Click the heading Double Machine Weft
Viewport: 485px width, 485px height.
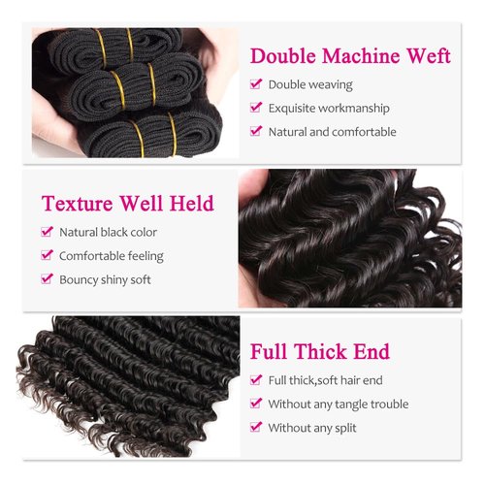click(x=350, y=55)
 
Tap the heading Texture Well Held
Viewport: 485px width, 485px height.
click(x=127, y=204)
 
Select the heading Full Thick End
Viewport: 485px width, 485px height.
click(x=320, y=351)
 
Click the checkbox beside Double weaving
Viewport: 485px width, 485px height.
click(x=256, y=84)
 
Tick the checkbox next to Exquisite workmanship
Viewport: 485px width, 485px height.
click(x=256, y=108)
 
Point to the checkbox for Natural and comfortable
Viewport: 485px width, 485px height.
click(x=256, y=131)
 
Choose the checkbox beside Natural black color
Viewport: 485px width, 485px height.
click(x=47, y=233)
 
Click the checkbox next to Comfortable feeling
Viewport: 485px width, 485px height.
click(x=47, y=256)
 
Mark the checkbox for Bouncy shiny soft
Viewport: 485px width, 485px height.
click(x=47, y=279)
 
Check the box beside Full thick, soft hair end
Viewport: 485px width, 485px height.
click(x=256, y=380)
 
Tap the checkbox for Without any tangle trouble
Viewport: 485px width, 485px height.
click(x=256, y=404)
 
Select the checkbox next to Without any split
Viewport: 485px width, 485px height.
click(x=256, y=427)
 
